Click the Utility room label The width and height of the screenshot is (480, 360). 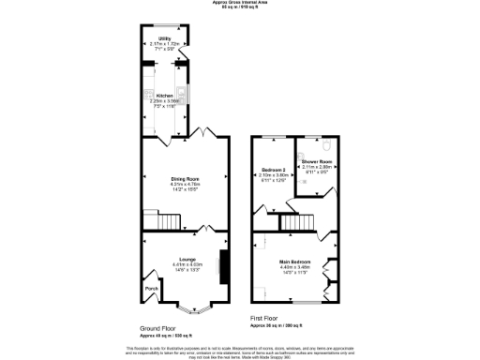164,38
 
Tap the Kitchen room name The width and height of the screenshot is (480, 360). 164,96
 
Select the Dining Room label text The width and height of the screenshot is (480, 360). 185,178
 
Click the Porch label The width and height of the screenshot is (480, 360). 150,289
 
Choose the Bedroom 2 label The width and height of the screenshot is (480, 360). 272,169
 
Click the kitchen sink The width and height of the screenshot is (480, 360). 150,93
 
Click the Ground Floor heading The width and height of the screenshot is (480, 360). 158,328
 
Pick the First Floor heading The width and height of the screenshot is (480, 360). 268,319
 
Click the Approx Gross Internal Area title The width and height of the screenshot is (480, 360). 240,4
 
